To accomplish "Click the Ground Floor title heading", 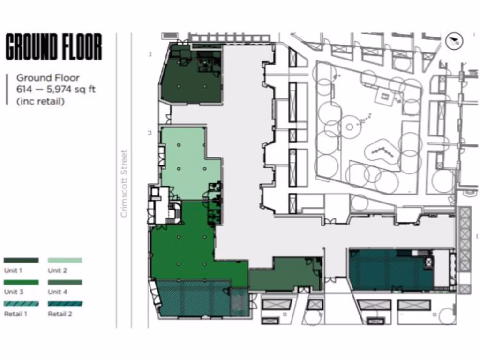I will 53,46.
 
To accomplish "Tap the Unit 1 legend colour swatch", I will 21,260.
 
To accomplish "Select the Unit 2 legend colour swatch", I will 65,260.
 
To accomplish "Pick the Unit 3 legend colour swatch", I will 21,283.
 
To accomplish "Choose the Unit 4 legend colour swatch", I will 65,283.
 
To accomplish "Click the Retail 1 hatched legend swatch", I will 21,304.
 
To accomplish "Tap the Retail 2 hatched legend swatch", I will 65,304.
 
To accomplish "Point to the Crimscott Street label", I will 124,183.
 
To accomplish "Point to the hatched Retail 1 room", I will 197,299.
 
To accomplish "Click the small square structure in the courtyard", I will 386,96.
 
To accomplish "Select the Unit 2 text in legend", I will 57,270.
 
